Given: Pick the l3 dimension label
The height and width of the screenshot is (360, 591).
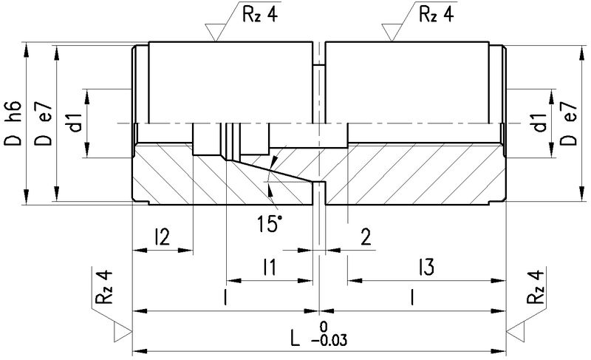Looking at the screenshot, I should coord(424,267).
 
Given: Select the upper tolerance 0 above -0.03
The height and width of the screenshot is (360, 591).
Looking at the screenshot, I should coord(322,326).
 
